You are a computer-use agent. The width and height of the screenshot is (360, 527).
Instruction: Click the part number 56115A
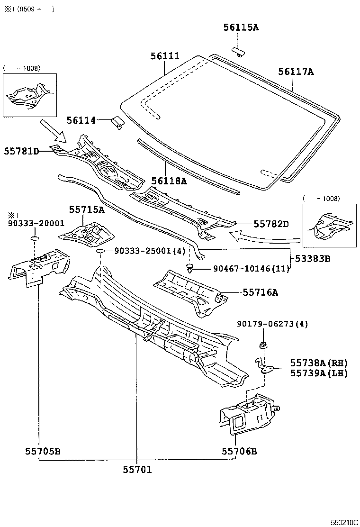241,27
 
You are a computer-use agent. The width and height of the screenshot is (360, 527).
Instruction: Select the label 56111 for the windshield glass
165,56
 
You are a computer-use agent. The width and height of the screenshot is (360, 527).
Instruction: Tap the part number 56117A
296,72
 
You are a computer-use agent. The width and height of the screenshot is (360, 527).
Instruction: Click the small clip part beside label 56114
117,123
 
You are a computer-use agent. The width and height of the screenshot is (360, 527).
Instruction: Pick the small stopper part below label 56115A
238,50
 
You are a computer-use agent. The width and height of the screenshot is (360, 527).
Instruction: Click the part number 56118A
169,181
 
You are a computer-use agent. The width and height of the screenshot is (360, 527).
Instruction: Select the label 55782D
270,223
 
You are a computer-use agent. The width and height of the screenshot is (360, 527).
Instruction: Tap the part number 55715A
86,209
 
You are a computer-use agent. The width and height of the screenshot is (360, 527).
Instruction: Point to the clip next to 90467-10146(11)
190,269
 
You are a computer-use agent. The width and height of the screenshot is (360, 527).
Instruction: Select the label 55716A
260,292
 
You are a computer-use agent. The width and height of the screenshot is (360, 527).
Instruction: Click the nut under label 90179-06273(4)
263,344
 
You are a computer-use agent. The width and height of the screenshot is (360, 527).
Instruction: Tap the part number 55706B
239,451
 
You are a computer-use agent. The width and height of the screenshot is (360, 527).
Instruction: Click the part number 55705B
43,451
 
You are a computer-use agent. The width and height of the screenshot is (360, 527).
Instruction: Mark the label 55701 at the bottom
137,469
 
